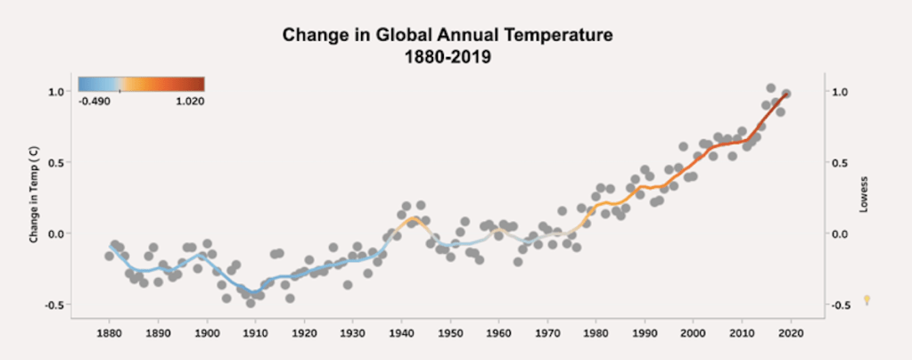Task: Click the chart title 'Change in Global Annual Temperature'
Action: tap(448, 37)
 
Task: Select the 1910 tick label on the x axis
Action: tap(256, 332)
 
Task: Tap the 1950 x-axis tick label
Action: tap(450, 332)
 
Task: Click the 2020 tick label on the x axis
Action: tap(791, 332)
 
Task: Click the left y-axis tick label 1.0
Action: tap(55, 92)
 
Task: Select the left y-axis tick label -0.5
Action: tap(53, 305)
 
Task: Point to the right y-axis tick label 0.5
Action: tap(838, 163)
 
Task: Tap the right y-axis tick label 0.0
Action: tap(838, 234)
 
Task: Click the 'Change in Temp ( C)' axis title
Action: tap(34, 198)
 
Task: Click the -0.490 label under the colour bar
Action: tap(94, 102)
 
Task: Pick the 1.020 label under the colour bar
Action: tap(189, 102)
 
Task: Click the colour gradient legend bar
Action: tap(141, 85)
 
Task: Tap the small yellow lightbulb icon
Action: tap(866, 300)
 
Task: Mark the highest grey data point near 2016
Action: tap(771, 88)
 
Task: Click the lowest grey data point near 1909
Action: tap(251, 303)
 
